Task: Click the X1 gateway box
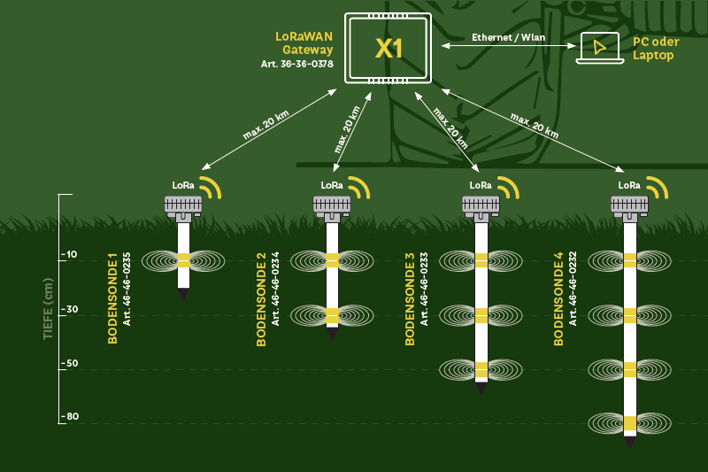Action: coord(389,48)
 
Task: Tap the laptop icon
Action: coord(599,48)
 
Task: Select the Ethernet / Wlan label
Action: coord(508,37)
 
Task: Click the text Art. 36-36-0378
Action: coord(297,64)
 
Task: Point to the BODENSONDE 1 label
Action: coord(112,298)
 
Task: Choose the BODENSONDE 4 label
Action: coord(558,298)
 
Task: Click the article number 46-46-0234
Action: coord(275,288)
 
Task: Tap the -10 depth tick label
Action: coord(69,255)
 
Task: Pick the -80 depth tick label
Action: coord(69,417)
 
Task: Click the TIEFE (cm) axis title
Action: coord(48,309)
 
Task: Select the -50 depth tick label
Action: coord(69,363)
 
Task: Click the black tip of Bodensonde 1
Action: coord(183,294)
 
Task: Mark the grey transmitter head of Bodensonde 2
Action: coord(332,205)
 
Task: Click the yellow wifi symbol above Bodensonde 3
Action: coord(507,187)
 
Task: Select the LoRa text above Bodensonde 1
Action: coord(183,185)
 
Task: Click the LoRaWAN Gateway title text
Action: coord(304,43)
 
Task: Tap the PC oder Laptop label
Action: coord(653,49)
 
